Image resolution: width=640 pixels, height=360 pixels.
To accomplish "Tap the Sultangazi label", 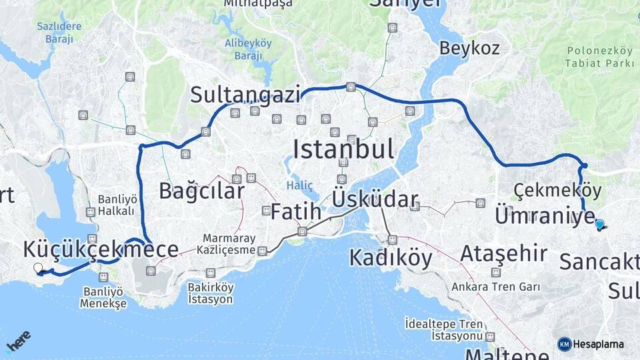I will click(245, 95).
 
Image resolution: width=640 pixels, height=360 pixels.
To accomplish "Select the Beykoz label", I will click(469, 48).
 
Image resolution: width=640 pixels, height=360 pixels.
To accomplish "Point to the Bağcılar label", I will click(201, 191).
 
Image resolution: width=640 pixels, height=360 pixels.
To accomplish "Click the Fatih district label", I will click(296, 213).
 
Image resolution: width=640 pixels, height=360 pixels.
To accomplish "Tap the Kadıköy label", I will click(391, 257).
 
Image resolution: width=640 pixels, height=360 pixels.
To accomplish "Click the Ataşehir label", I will click(504, 253).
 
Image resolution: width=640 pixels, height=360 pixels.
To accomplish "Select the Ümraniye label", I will click(545, 216).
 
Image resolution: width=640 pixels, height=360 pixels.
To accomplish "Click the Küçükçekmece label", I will click(101, 249).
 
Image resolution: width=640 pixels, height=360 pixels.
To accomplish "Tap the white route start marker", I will click(38, 268).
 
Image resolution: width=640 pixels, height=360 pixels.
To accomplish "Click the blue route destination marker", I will click(599, 225).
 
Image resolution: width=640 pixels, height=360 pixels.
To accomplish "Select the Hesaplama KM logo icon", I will click(565, 344).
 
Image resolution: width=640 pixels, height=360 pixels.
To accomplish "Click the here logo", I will click(18, 341).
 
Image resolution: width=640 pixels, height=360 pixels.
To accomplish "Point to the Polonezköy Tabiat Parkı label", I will click(600, 57).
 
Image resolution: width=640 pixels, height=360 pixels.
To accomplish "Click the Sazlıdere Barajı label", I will click(60, 33).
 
